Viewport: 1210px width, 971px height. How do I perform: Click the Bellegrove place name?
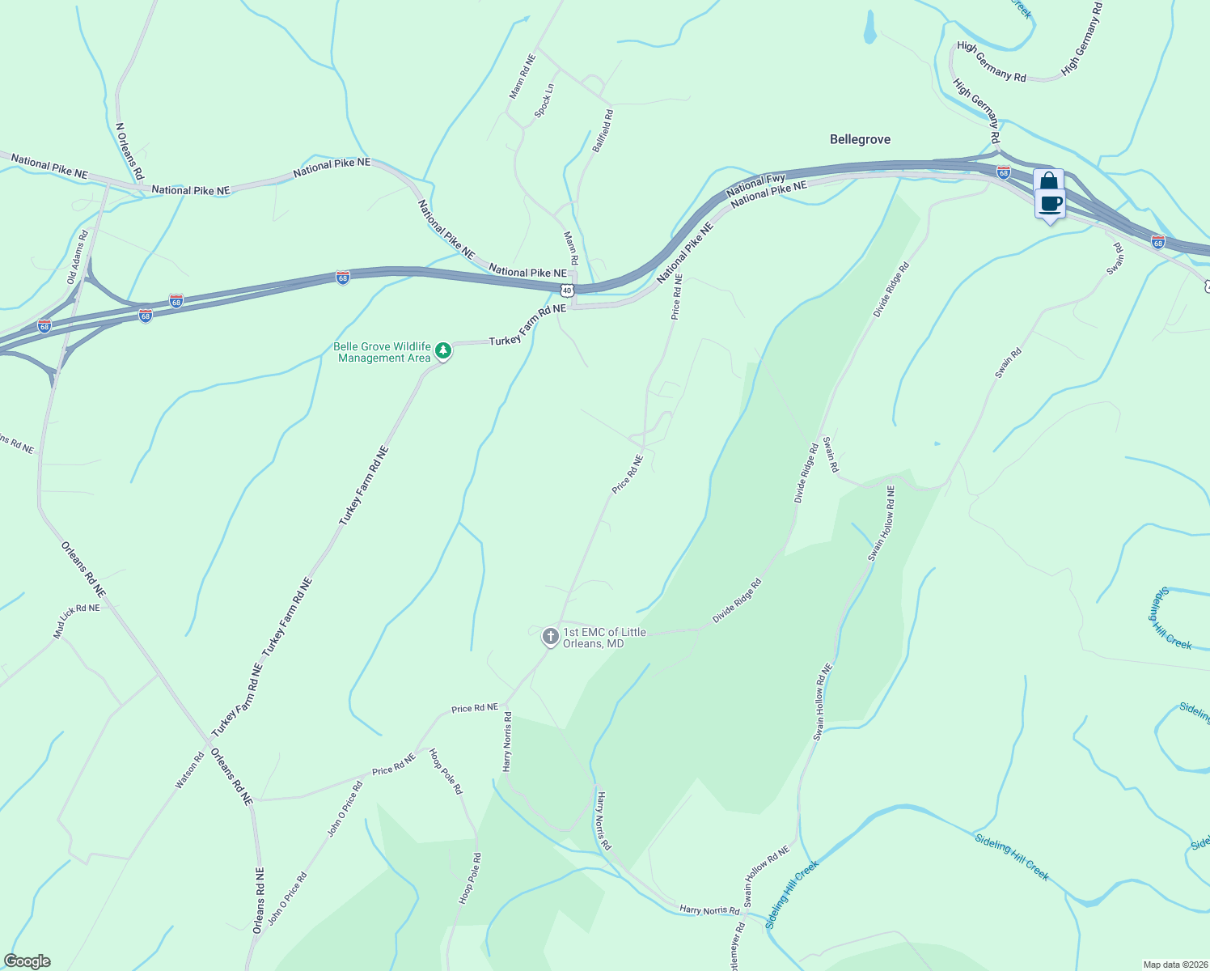[860, 139]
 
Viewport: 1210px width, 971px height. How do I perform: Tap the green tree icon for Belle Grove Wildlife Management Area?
[442, 350]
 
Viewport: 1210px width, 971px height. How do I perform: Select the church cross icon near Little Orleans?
[550, 637]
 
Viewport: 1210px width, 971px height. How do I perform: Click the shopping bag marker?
[1048, 181]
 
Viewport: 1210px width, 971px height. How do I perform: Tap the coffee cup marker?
[1051, 204]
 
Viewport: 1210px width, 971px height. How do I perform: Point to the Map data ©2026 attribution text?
[1174, 965]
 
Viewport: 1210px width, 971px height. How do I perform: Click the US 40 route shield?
[567, 290]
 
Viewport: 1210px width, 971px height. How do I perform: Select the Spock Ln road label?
[544, 100]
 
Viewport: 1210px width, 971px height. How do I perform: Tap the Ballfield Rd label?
[603, 129]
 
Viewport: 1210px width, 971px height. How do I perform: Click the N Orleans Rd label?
[129, 151]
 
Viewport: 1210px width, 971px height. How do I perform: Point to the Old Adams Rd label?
[78, 256]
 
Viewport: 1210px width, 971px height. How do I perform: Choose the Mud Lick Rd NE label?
[77, 620]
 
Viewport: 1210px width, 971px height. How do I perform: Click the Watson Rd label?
[190, 770]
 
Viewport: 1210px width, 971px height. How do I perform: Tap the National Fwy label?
[755, 185]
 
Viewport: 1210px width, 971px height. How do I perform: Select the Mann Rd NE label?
[522, 77]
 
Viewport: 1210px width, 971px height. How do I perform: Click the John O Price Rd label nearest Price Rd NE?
[345, 808]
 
